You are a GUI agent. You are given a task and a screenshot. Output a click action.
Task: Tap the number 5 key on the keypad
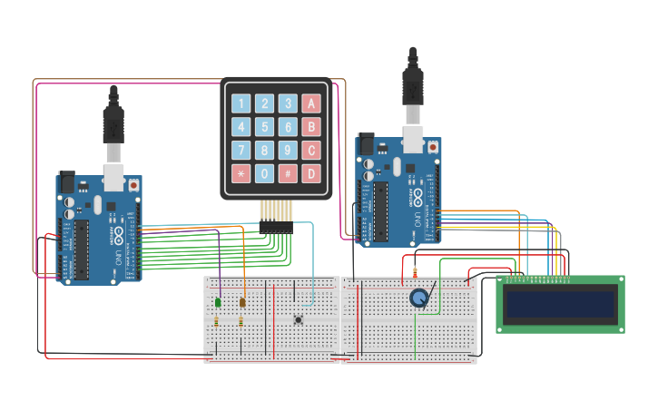coord(264,127)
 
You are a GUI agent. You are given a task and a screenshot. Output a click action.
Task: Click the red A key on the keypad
coord(311,103)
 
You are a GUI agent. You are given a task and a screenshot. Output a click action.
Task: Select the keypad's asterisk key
coord(241,173)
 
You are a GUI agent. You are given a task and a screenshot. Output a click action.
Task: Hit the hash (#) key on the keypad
coord(288,173)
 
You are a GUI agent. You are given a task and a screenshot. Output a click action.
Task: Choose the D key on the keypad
coord(311,173)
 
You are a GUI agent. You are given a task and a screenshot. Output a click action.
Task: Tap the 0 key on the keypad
coord(264,173)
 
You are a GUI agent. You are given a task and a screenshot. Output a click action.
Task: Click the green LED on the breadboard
coord(219,302)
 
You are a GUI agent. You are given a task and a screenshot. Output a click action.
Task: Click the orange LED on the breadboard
coord(242,302)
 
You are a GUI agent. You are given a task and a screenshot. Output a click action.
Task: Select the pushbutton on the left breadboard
coord(299,318)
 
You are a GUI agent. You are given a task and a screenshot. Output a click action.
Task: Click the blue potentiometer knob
coord(418,298)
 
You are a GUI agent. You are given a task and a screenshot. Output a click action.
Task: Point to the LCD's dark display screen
coord(559,304)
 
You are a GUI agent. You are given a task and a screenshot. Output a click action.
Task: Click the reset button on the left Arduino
coord(134,184)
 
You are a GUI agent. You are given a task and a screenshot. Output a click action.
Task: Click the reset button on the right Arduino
coord(433,145)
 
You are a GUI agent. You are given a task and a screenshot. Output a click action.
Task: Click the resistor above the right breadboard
coord(415,271)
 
